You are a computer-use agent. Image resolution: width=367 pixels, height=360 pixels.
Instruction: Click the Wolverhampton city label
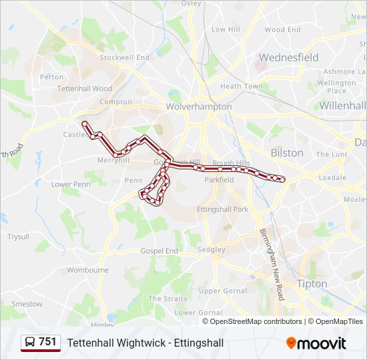click(x=199, y=107)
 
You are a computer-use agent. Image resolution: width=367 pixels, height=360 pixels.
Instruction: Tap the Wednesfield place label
click(x=288, y=58)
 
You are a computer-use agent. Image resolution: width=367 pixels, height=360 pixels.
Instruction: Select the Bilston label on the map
click(x=287, y=153)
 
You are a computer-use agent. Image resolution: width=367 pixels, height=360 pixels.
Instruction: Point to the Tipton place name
click(x=311, y=283)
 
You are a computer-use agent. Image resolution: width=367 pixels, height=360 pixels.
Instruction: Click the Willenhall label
click(x=342, y=106)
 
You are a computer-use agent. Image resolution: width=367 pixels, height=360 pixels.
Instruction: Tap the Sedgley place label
click(x=212, y=250)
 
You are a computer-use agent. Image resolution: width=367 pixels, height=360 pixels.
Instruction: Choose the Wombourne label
click(x=88, y=270)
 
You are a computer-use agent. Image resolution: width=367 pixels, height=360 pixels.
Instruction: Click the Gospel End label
click(x=159, y=251)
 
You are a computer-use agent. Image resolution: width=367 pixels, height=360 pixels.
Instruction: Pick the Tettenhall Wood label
click(x=85, y=88)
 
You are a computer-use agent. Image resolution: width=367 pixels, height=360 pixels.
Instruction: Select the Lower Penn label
click(x=71, y=184)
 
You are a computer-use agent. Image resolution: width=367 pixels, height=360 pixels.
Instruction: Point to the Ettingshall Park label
click(x=222, y=209)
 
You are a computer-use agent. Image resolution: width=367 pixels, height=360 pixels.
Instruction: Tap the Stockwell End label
click(x=124, y=58)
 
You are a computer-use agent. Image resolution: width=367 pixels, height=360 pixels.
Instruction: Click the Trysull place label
click(x=19, y=236)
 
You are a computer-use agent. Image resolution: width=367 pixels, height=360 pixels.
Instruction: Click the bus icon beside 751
click(x=30, y=342)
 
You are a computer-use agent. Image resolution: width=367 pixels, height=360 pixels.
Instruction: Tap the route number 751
click(x=48, y=342)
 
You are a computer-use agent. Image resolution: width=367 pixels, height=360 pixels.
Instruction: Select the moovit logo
click(x=316, y=343)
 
